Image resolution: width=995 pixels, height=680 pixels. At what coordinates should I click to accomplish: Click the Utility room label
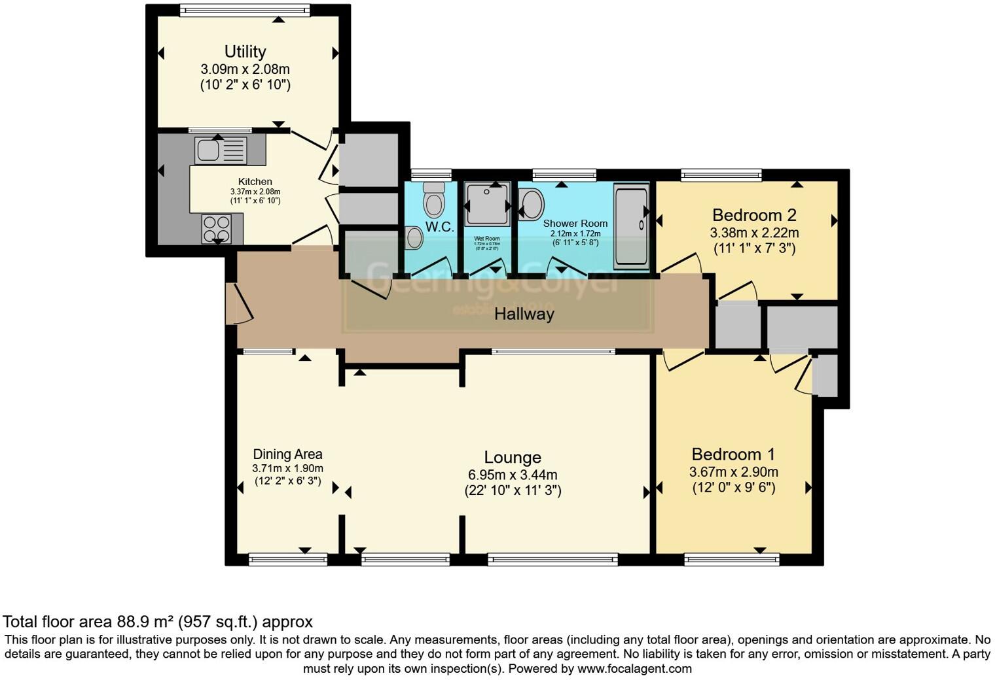[x=245, y=52]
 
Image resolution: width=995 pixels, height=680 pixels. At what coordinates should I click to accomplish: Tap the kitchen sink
[x=221, y=150]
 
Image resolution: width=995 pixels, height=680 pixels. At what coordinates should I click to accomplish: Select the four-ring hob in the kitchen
[x=216, y=229]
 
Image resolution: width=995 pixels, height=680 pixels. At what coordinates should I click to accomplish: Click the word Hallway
[x=524, y=314]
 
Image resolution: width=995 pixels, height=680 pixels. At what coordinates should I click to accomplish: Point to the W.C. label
[x=439, y=228]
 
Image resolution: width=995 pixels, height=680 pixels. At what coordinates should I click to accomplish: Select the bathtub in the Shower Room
[x=631, y=226]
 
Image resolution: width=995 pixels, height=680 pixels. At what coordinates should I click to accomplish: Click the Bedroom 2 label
[x=754, y=215]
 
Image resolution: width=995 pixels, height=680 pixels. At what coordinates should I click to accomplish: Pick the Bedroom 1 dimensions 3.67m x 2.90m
[x=733, y=472]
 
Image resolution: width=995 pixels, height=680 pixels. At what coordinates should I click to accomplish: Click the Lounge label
[x=513, y=458]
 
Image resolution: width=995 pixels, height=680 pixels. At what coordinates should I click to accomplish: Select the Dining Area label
[x=287, y=454]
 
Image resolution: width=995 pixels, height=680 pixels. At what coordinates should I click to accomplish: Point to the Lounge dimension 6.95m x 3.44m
[x=513, y=475]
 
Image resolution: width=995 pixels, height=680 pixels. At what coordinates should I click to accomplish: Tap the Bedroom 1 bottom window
[x=731, y=559]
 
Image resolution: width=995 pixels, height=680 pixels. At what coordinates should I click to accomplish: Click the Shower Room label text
[x=575, y=224]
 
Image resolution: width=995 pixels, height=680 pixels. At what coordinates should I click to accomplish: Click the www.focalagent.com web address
[x=634, y=669]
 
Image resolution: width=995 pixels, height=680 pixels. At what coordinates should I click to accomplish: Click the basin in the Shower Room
[x=532, y=203]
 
